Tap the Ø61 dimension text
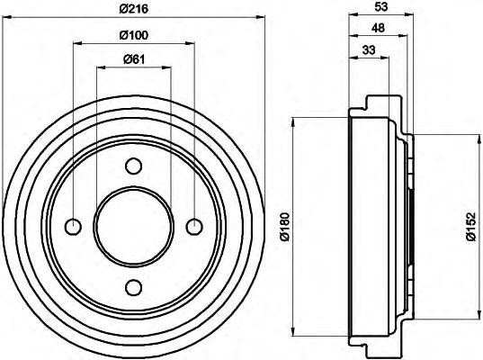pyautogui.click(x=133, y=60)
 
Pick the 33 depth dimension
pyautogui.click(x=367, y=50)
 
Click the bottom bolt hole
pyautogui.click(x=133, y=286)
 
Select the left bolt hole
pyautogui.click(x=73, y=226)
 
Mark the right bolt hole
pyautogui.click(x=193, y=226)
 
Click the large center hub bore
pyautogui.click(x=133, y=226)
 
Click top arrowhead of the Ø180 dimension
pyautogui.click(x=292, y=121)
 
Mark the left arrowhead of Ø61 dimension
pyautogui.click(x=99, y=68)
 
